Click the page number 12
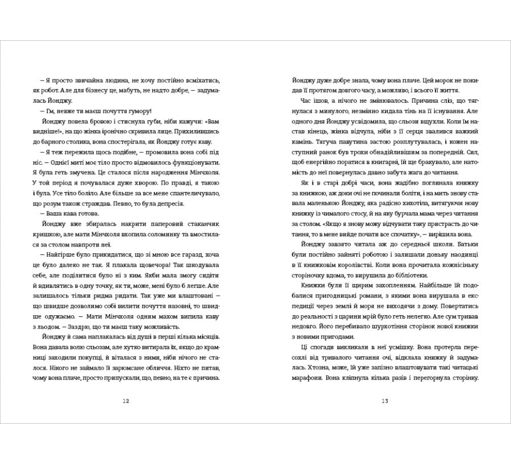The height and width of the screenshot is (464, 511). (x=126, y=401)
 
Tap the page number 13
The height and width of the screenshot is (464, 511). (x=384, y=401)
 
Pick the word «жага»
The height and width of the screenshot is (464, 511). (x=413, y=172)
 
